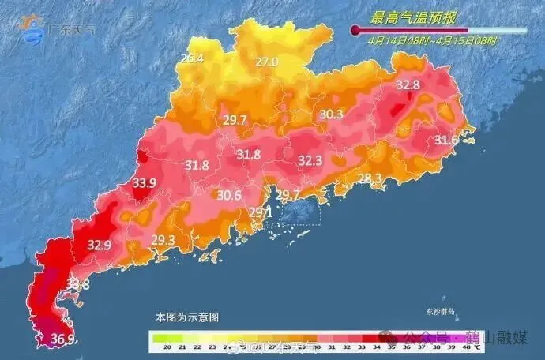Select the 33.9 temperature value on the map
pyautogui.click(x=144, y=183)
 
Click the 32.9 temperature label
pyautogui.click(x=99, y=245)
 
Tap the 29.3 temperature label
pyautogui.click(x=163, y=240)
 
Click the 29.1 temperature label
pyautogui.click(x=261, y=212)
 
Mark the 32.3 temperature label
pyautogui.click(x=310, y=161)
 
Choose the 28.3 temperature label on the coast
pyautogui.click(x=370, y=178)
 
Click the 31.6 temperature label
pyautogui.click(x=447, y=141)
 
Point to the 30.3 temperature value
pyautogui.click(x=331, y=114)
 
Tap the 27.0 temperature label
pyautogui.click(x=266, y=62)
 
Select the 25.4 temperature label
pyautogui.click(x=192, y=58)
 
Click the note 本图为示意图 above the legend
pyautogui.click(x=186, y=317)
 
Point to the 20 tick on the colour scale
pyautogui.click(x=167, y=347)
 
